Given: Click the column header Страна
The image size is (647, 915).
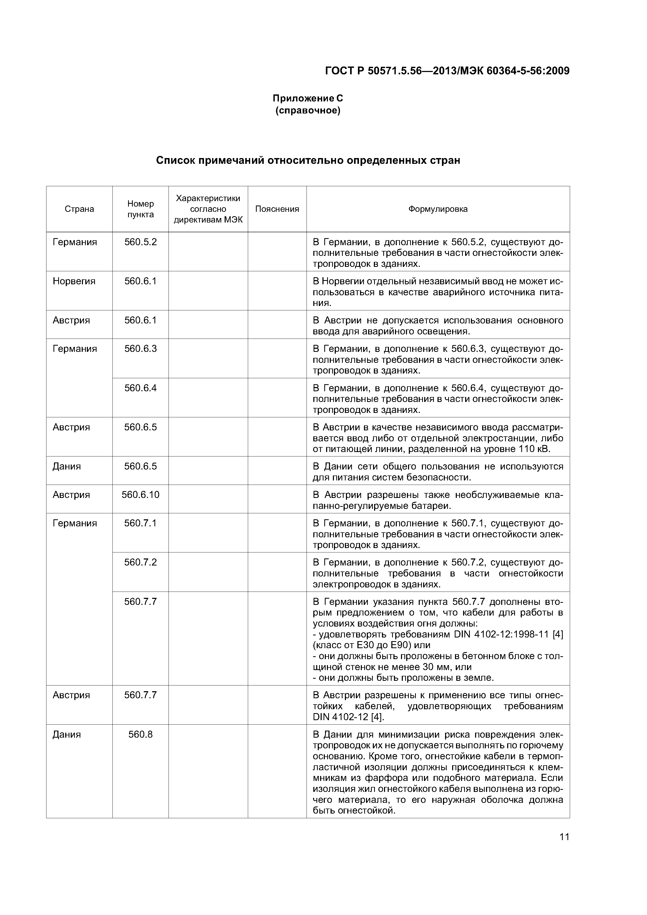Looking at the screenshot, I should tap(79, 209).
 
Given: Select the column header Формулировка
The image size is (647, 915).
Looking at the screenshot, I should tap(438, 209).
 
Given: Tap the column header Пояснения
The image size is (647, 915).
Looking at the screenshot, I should tap(277, 209).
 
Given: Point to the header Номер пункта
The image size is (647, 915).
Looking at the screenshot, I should tap(140, 209).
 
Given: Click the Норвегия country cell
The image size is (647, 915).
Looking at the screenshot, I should tap(74, 281).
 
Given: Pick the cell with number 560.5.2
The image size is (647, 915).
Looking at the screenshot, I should tap(140, 242).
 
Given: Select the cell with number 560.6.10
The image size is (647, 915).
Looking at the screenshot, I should tap(140, 495).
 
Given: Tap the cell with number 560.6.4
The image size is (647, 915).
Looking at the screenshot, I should tap(140, 388).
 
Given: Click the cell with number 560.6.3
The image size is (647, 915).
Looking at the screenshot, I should tap(140, 349).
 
